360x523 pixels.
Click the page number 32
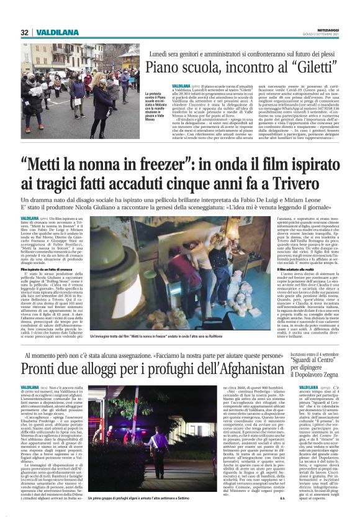click(25, 32)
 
